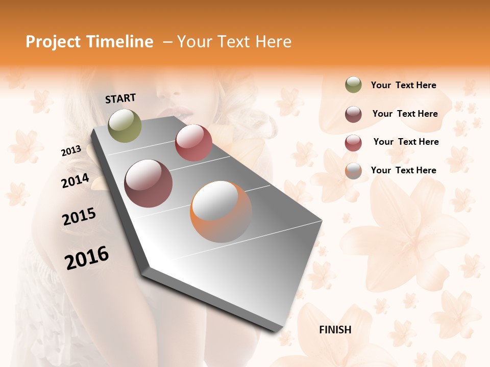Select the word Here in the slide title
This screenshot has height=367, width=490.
[x=272, y=42]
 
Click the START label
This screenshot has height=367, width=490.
[x=120, y=98]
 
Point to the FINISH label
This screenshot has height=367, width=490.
[x=335, y=330]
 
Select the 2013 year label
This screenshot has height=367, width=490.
[x=71, y=151]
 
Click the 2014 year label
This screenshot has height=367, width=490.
[x=75, y=180]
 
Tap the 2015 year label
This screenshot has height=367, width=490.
[x=79, y=217]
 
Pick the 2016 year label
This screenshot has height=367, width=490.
[x=87, y=257]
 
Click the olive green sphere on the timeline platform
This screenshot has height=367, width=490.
[x=125, y=125]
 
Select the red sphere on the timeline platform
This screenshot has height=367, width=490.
[x=193, y=143]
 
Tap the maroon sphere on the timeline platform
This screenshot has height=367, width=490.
[x=149, y=183]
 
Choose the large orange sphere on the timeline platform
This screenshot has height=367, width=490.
[x=221, y=212]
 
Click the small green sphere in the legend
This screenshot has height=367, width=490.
[x=353, y=85]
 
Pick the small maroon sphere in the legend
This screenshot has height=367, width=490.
[x=353, y=114]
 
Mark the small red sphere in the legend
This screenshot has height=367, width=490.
[x=353, y=142]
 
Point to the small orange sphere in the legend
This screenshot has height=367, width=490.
[x=353, y=171]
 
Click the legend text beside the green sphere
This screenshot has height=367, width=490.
[x=403, y=85]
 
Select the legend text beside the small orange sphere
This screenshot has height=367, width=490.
[x=403, y=170]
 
